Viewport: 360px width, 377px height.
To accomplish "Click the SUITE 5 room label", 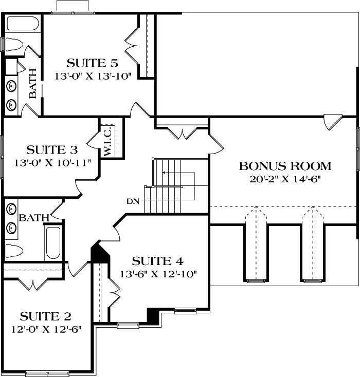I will pos(93,64).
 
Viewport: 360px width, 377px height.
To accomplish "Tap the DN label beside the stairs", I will pos(132,201).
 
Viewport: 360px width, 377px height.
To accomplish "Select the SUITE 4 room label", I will pos(157,260).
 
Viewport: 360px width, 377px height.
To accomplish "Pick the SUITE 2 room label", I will pos(46,315).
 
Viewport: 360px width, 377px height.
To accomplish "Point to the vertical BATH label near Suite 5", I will pos(32,83).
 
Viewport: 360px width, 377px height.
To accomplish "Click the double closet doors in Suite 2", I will pos(33,283).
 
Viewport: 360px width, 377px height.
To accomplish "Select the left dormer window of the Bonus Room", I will pos(256,280).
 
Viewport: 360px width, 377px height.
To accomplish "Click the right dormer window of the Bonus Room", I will pos(312,280).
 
